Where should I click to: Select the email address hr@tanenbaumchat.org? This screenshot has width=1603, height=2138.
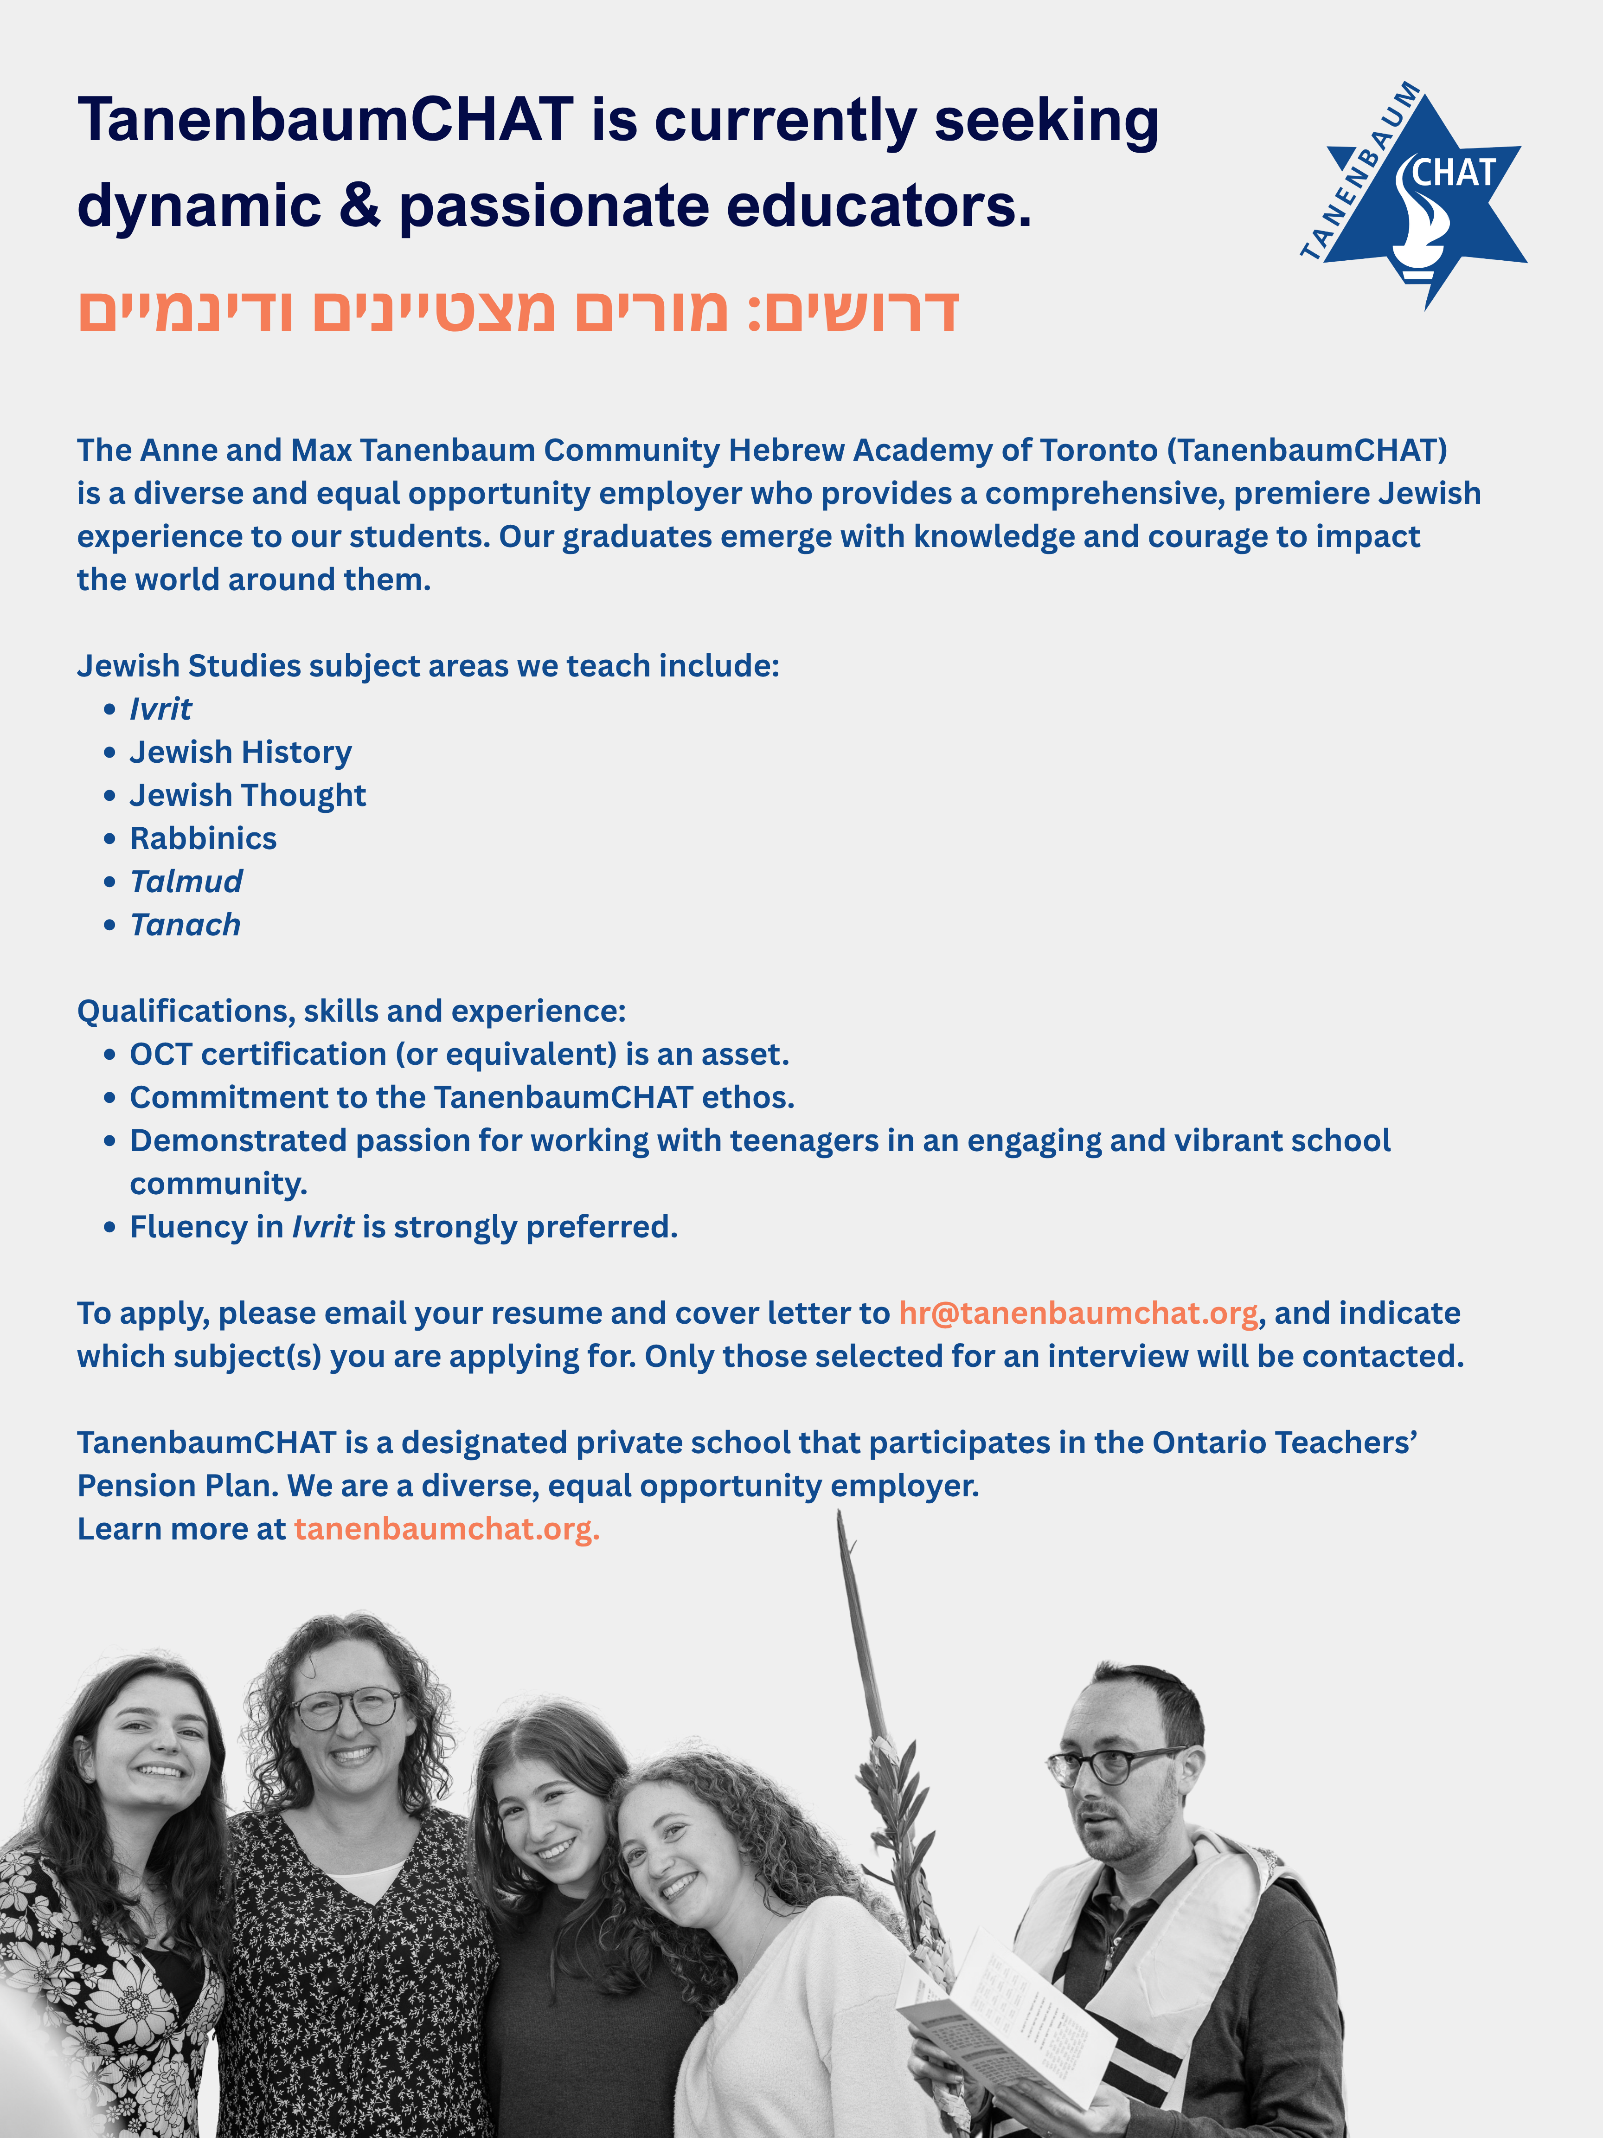tap(1077, 1314)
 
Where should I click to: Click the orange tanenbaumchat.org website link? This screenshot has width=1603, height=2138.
tap(446, 1529)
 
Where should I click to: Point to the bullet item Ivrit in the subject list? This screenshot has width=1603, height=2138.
tap(160, 709)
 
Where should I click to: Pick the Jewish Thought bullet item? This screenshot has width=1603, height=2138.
tap(247, 795)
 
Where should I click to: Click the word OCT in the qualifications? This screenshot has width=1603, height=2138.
tap(160, 1055)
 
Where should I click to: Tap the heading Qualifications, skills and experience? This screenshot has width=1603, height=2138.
tap(351, 1011)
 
